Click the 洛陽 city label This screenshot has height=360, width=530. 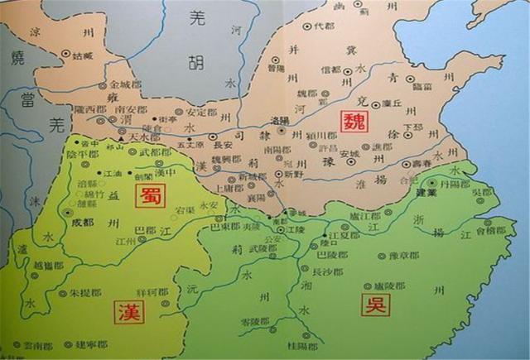click(282, 121)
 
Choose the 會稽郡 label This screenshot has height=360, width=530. click(489, 233)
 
